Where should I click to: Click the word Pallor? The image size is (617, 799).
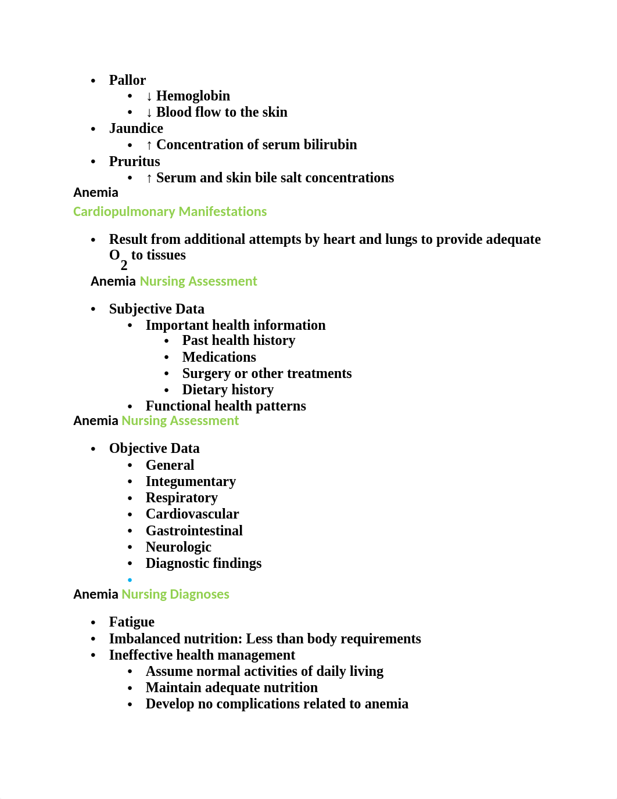(127, 80)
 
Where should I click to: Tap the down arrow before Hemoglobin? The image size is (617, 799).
(149, 96)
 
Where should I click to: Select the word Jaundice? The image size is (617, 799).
(136, 128)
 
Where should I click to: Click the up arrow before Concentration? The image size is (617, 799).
(149, 145)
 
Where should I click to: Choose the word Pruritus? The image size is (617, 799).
(134, 161)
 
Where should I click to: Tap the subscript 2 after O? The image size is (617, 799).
(124, 265)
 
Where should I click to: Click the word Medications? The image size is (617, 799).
(219, 357)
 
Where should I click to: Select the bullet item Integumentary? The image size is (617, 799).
(191, 481)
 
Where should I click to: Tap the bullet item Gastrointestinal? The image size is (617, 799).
(194, 531)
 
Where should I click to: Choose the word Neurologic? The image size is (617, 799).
(178, 547)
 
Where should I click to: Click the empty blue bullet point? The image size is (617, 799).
(130, 580)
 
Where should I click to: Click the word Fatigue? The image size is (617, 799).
(132, 622)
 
